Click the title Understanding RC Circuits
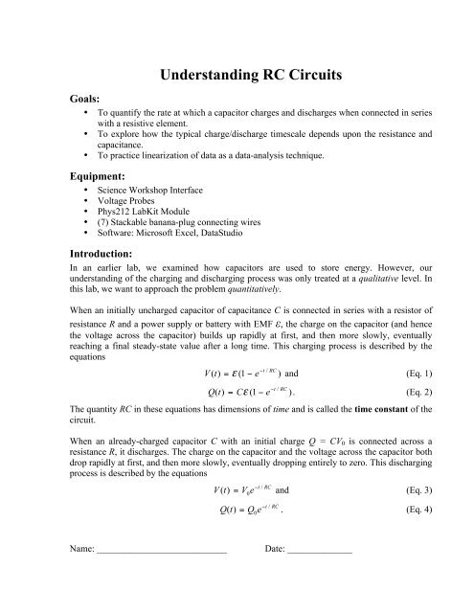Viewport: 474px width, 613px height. [237, 72]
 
